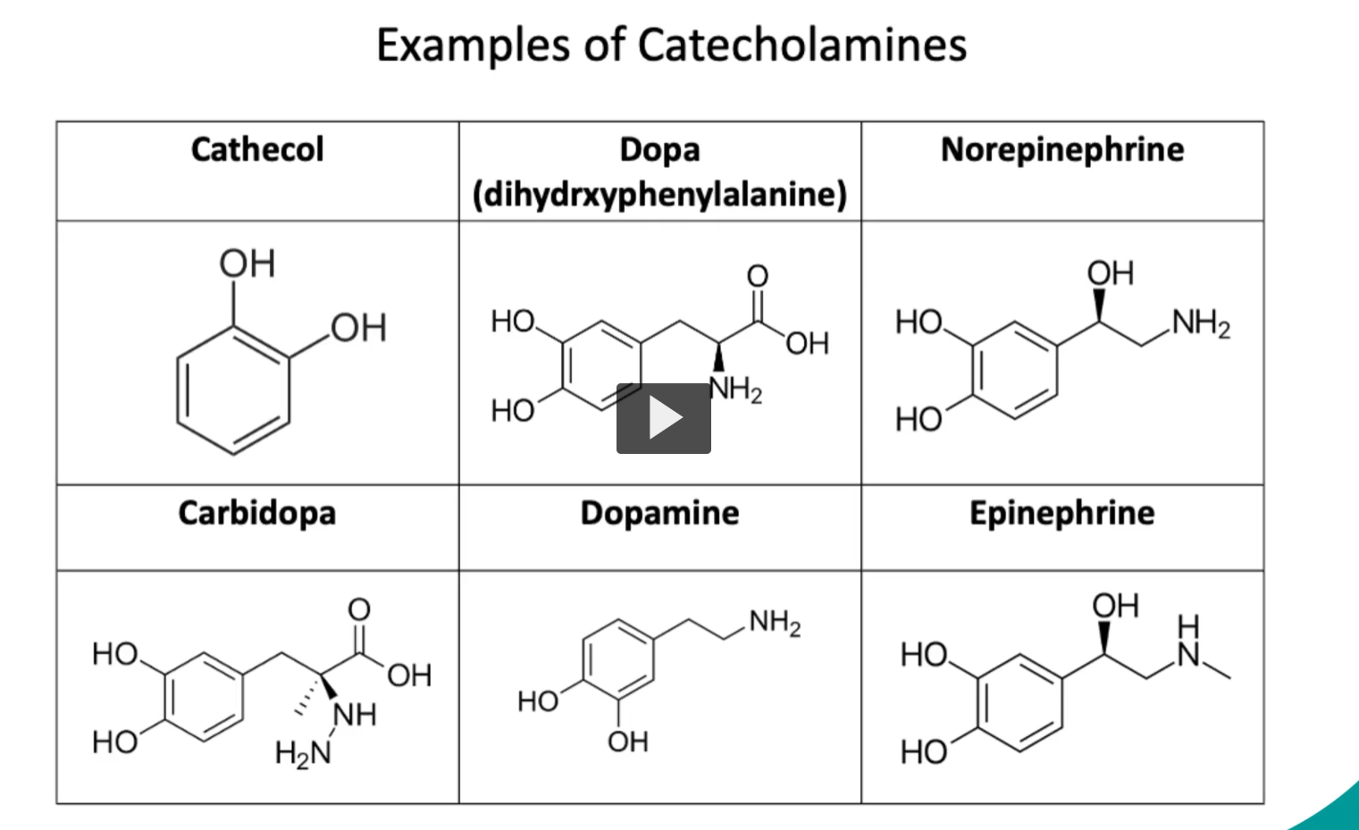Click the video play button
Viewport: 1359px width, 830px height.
(x=664, y=418)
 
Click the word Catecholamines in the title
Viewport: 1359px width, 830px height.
(x=802, y=45)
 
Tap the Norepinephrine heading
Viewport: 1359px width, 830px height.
(x=1062, y=149)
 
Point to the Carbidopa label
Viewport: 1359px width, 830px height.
(x=256, y=514)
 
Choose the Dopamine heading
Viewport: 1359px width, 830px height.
(x=659, y=514)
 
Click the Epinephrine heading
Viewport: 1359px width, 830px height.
(x=1062, y=514)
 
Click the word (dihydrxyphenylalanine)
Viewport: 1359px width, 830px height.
(x=659, y=195)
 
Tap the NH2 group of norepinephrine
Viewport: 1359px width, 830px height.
(x=1201, y=323)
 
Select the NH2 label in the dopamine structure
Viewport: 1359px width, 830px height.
(x=776, y=623)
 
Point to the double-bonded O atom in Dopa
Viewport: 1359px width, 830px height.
(x=758, y=276)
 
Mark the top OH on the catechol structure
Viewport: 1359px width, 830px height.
(x=247, y=264)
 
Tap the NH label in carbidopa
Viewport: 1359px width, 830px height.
(x=355, y=715)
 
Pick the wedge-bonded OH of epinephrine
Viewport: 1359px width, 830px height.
(x=1115, y=606)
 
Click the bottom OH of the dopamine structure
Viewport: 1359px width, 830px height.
(x=628, y=742)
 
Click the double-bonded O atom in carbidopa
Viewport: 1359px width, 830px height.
(x=359, y=609)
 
